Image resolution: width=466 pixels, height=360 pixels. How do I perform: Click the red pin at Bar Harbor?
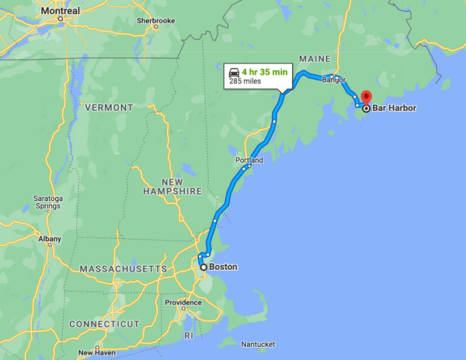(x=366, y=98)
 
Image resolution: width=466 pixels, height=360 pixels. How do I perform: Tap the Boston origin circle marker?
(x=204, y=267)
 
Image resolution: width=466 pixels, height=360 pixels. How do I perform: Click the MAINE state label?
(x=315, y=60)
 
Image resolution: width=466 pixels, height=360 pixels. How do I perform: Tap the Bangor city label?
(x=334, y=79)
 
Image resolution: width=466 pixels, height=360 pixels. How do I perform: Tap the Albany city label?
(x=49, y=239)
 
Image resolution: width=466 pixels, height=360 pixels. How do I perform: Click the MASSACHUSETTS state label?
(x=123, y=268)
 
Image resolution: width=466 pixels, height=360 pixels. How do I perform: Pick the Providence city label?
(x=183, y=303)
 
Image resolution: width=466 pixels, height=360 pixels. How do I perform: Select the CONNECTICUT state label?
(x=104, y=324)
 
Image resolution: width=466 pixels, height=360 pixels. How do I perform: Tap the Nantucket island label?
(x=259, y=344)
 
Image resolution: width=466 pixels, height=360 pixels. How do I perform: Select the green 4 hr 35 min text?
(x=265, y=71)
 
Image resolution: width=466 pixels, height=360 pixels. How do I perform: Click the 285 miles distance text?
(x=245, y=81)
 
